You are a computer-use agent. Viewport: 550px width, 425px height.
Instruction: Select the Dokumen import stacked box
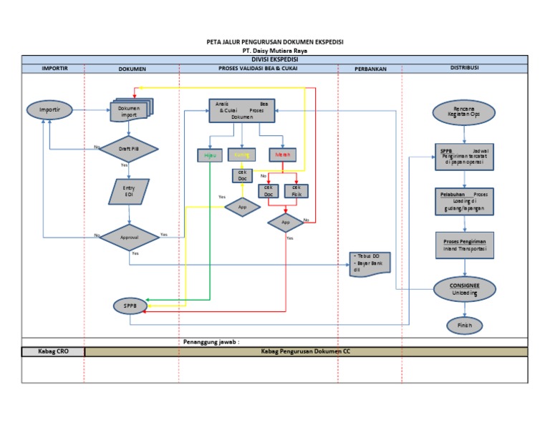[x=129, y=111]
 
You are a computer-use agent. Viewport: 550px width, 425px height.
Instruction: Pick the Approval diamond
[x=129, y=235]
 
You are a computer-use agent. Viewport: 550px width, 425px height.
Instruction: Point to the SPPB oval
[x=130, y=306]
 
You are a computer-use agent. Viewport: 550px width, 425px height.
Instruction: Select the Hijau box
[x=209, y=155]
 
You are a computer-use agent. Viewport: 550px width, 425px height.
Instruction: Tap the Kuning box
[x=241, y=155]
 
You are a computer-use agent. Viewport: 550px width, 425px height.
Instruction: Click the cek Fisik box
[x=296, y=191]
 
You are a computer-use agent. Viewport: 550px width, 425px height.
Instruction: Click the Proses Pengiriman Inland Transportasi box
[x=465, y=245]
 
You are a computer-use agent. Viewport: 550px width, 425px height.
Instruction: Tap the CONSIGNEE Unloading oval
[x=465, y=288]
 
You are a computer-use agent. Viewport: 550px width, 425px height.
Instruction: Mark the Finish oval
[x=465, y=325]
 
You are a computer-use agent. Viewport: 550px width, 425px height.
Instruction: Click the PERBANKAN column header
[x=370, y=68]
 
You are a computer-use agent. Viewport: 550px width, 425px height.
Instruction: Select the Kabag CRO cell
[x=54, y=351]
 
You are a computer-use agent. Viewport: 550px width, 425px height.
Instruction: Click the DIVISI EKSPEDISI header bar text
[x=274, y=59]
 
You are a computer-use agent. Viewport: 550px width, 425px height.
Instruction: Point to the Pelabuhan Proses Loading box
[x=465, y=201]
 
